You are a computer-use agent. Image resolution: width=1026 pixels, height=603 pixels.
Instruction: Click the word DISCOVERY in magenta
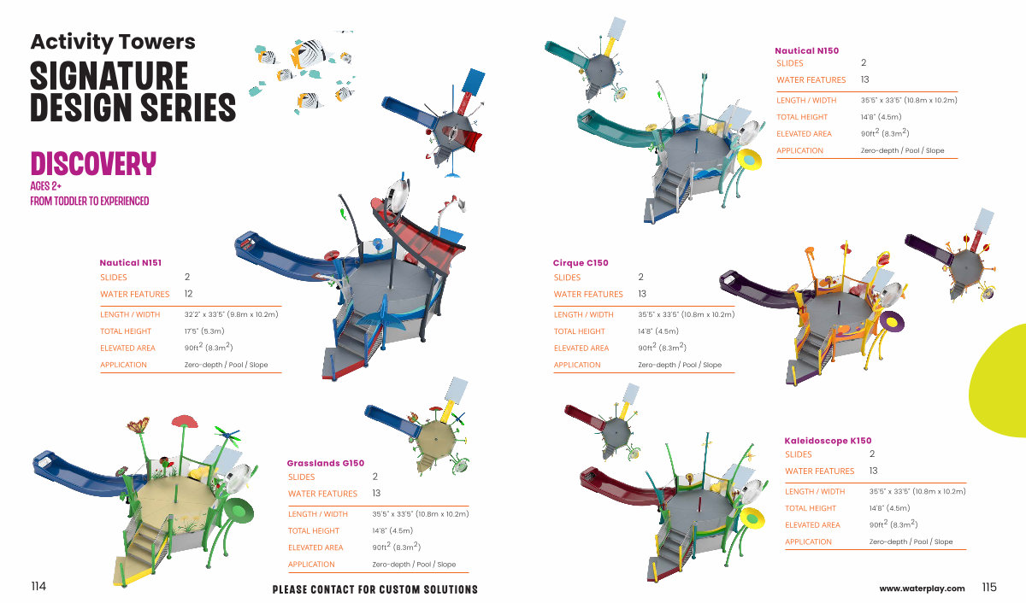[93, 164]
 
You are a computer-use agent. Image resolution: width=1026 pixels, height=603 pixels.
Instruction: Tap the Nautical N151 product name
[131, 263]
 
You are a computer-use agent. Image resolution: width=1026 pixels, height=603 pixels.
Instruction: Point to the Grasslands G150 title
[326, 463]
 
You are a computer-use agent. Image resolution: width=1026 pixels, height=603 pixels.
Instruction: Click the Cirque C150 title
[581, 263]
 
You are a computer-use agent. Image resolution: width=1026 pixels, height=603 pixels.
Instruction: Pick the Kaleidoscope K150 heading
[828, 441]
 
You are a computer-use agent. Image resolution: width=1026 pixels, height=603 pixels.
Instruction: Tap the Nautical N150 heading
[806, 50]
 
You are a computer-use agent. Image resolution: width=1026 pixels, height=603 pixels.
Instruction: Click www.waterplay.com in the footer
[922, 588]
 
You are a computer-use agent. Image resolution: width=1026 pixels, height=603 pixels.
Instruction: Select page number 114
[38, 587]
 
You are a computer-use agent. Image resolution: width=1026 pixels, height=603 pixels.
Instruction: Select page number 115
[989, 588]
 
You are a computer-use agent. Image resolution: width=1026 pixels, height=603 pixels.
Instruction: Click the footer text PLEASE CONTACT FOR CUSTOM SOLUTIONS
[374, 589]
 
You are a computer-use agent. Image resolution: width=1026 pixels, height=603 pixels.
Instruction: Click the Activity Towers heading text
[113, 41]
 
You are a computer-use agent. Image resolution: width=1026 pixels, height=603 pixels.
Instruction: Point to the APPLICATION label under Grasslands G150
[311, 565]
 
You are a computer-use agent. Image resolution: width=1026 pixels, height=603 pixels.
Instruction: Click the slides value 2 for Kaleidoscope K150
[872, 454]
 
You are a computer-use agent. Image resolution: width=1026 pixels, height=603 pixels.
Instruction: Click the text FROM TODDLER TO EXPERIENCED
[90, 202]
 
